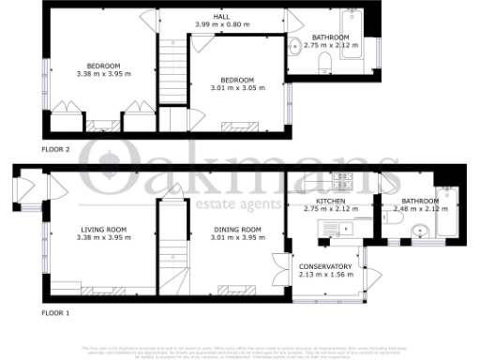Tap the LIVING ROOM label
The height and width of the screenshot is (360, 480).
tap(104, 230)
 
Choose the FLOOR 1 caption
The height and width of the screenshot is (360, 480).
tap(56, 312)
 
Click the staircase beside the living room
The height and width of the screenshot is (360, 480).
tap(170, 253)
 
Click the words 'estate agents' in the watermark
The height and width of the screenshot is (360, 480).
tap(239, 203)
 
